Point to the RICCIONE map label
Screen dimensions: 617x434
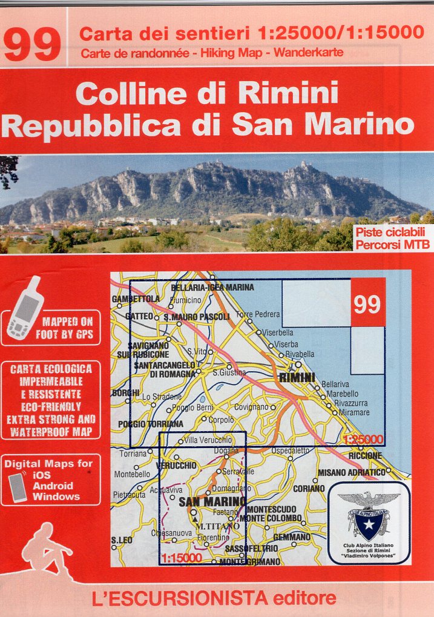[x=364, y=455]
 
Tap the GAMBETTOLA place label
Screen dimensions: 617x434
[x=136, y=299]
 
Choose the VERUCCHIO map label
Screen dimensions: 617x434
[x=176, y=466]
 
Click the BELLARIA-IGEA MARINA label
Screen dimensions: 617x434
[x=212, y=287]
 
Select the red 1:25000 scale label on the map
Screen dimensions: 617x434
[x=363, y=439]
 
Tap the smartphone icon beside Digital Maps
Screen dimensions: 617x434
[x=18, y=487]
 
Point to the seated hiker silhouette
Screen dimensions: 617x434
[x=45, y=549]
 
